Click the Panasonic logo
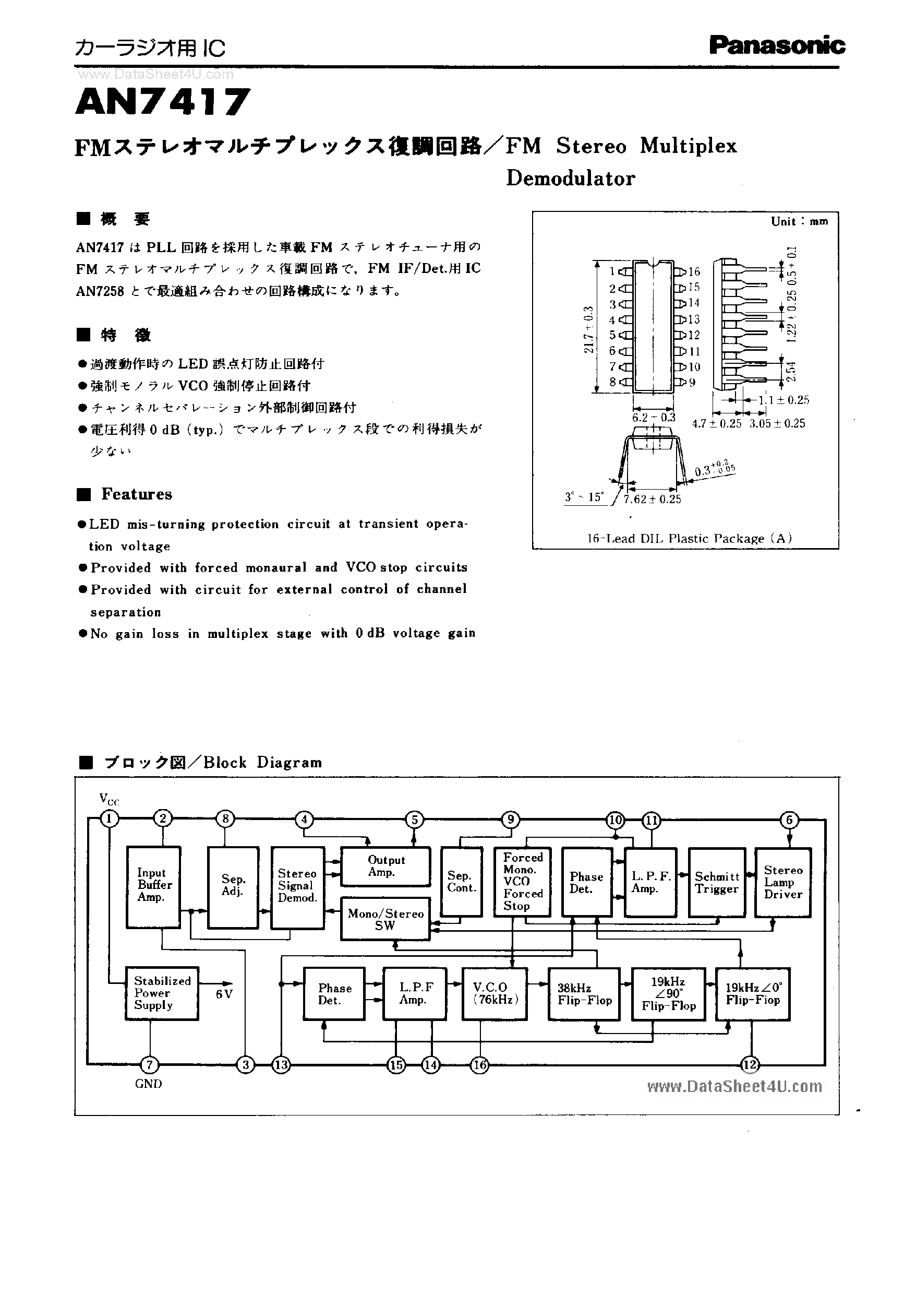click(x=777, y=45)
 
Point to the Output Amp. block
click(x=385, y=867)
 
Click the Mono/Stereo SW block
click(x=385, y=919)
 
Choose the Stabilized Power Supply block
click(x=162, y=994)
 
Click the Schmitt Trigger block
click(x=716, y=883)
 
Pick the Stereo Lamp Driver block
click(x=782, y=883)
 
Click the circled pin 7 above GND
click(x=149, y=1065)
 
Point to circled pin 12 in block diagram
click(x=750, y=1065)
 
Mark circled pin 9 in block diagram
click(x=510, y=820)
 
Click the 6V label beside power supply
click(x=224, y=994)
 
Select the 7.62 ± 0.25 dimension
click(x=652, y=500)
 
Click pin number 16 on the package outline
click(x=693, y=271)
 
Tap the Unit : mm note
click(x=799, y=222)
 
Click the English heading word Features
click(x=136, y=494)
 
